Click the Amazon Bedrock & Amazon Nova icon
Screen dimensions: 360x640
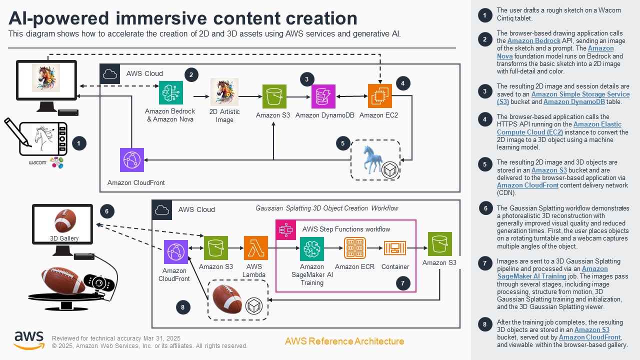(x=171, y=93)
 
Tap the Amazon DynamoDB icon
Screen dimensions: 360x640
(x=323, y=96)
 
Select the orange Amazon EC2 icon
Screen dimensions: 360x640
(x=380, y=96)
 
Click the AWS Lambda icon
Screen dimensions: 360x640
(x=256, y=248)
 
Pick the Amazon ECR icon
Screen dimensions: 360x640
(x=355, y=248)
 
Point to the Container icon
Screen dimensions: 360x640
(x=395, y=248)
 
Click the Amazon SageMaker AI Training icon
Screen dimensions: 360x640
(x=312, y=248)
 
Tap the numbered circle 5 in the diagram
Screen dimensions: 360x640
(x=342, y=143)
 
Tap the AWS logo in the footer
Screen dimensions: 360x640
(x=28, y=340)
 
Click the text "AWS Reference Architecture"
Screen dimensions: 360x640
(x=344, y=341)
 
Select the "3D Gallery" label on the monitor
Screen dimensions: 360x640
(x=64, y=238)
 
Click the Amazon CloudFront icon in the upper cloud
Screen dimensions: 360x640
(x=132, y=160)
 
